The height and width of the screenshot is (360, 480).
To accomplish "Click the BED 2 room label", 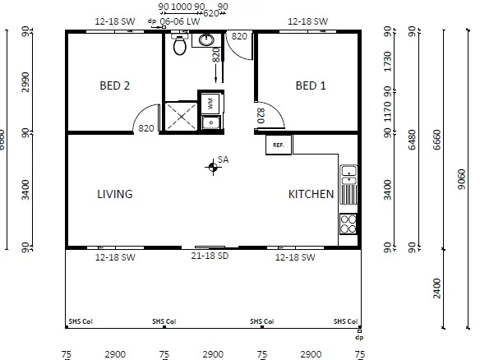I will pos(115,85).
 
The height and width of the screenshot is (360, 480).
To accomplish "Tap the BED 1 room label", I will pos(311,85).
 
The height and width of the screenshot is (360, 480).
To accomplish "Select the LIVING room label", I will pos(114,194).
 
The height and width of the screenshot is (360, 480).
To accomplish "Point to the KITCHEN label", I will pos(311,195).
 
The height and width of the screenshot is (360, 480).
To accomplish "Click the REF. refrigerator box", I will pos(278,145).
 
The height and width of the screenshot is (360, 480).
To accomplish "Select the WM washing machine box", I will pos(209,104).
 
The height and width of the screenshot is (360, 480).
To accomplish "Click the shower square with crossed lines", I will pos(181,116).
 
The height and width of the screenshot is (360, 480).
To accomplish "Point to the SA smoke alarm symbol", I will pos(213,168).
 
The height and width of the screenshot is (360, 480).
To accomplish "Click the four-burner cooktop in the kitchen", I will pos(348,224).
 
